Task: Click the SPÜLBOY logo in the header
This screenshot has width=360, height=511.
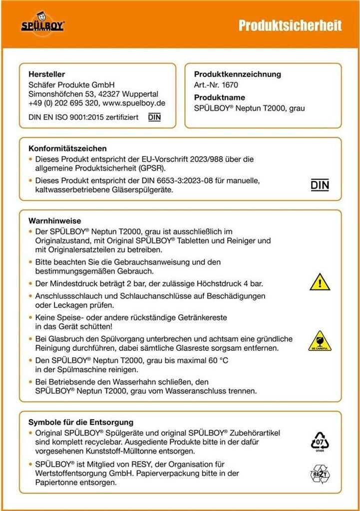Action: click(x=42, y=24)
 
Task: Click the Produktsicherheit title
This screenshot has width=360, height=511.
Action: click(x=290, y=25)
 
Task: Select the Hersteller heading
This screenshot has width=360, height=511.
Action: click(x=47, y=74)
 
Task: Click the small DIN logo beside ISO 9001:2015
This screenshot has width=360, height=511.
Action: click(x=154, y=118)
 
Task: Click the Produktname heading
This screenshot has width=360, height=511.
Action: click(x=219, y=98)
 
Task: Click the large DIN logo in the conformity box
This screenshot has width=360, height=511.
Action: click(x=320, y=185)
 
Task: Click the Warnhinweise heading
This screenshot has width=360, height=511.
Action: click(x=55, y=221)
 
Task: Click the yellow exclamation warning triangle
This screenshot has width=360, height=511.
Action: click(x=320, y=282)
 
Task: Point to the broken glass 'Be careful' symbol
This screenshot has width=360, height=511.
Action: click(x=320, y=340)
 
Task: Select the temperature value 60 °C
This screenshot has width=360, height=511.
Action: click(x=216, y=360)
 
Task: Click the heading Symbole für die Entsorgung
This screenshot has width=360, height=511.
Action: click(x=81, y=422)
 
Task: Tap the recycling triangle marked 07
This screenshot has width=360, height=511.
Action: click(x=320, y=441)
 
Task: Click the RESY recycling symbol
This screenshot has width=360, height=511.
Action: click(x=320, y=473)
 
